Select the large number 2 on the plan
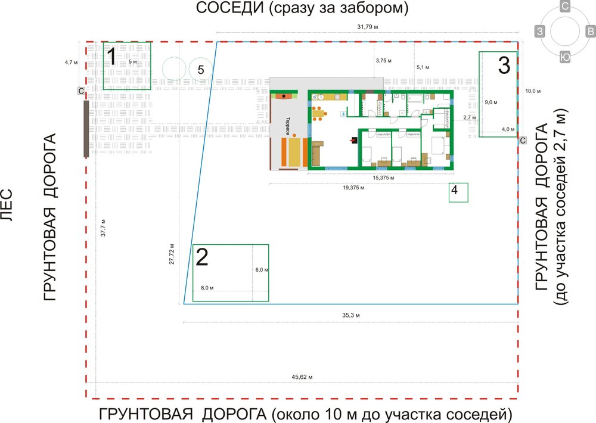[203, 257]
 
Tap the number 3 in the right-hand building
[504, 65]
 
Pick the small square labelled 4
[455, 191]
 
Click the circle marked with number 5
[201, 70]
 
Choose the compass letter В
[590, 31]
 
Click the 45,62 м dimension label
[302, 377]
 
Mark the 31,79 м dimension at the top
[367, 27]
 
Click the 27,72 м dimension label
[172, 253]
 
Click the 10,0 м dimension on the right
[532, 91]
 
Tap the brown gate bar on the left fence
[86, 129]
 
